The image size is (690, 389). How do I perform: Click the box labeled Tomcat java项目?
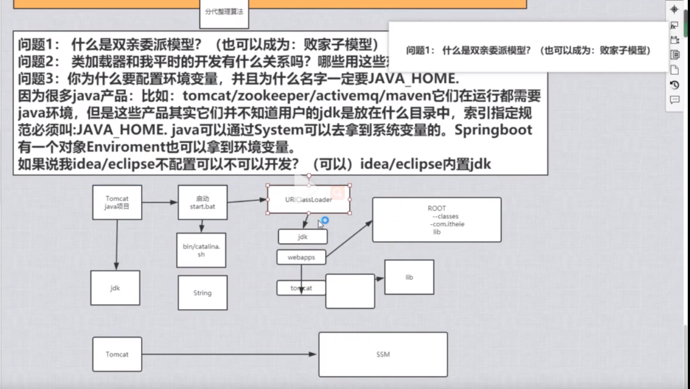click(x=117, y=202)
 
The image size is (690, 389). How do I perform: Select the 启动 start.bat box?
click(x=202, y=202)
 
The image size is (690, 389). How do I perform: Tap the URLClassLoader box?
click(x=308, y=199)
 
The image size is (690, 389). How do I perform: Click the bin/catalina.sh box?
click(x=201, y=250)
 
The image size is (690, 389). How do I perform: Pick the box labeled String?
click(x=202, y=292)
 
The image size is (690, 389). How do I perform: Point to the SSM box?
click(x=383, y=354)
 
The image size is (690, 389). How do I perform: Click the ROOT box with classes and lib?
click(x=437, y=220)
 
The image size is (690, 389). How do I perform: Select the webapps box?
click(x=301, y=257)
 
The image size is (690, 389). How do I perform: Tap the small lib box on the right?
click(x=409, y=277)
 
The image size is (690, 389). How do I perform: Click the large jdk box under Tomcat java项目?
click(x=115, y=288)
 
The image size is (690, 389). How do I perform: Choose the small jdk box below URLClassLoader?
click(x=302, y=237)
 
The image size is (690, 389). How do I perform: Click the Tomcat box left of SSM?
click(x=117, y=354)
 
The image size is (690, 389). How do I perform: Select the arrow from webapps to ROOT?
click(x=348, y=239)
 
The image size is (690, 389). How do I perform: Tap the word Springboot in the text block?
click(x=493, y=130)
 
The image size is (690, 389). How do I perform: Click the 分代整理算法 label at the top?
click(x=224, y=11)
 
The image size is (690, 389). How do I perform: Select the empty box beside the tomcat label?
click(x=350, y=291)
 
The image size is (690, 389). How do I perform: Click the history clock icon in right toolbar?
click(x=675, y=85)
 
